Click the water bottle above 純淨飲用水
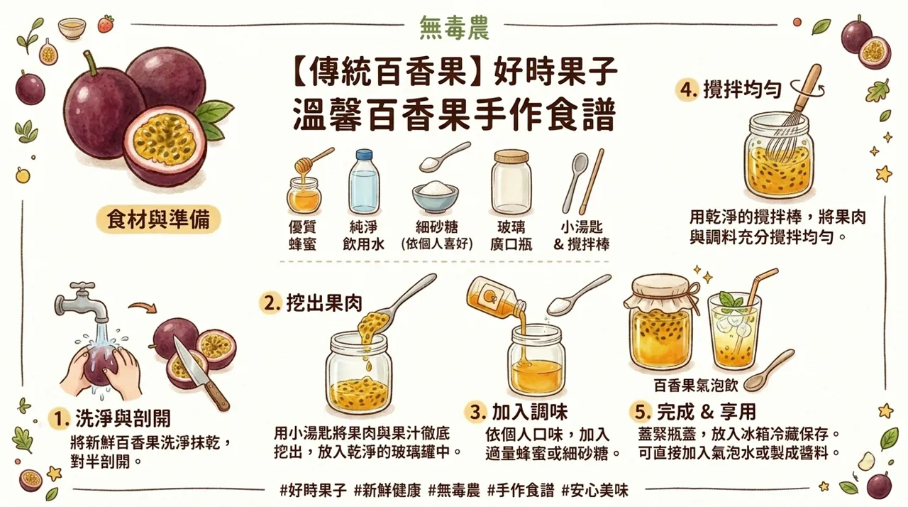coord(364,183)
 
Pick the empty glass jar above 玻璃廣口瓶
coord(512,183)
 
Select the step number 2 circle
coord(270,303)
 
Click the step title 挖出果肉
coord(323,303)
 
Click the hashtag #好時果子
coord(313,490)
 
